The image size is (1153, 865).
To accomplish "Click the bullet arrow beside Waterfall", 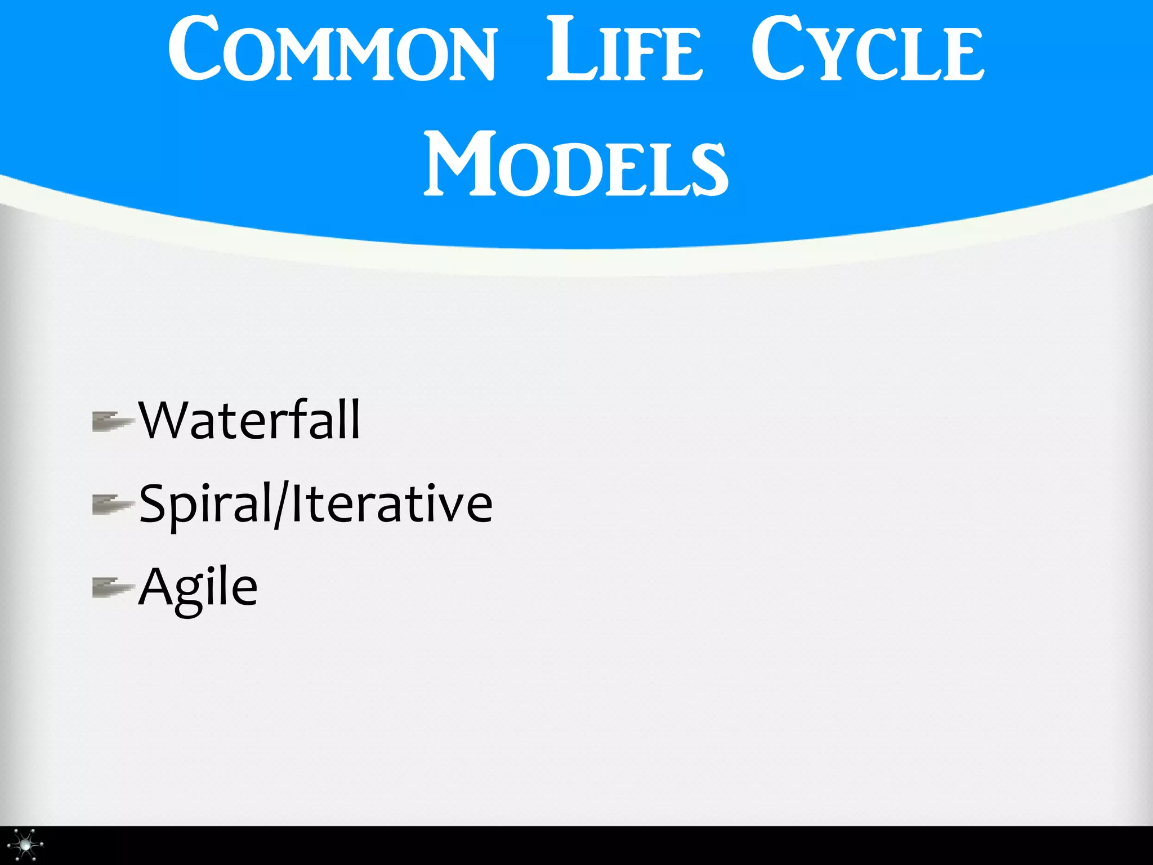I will [113, 421].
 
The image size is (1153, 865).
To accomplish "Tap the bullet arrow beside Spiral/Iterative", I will [113, 505].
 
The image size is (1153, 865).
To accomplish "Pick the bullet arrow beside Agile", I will [113, 588].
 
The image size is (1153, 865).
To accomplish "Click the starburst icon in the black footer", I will [26, 845].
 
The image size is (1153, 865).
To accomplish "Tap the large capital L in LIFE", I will [569, 50].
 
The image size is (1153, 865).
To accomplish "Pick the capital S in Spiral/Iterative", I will [153, 503].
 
